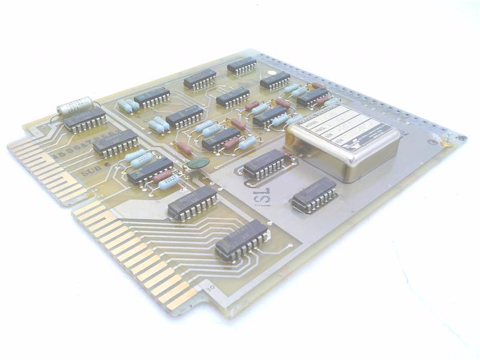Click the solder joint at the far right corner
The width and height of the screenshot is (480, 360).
(446, 142)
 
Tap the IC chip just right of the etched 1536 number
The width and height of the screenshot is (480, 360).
(115, 143)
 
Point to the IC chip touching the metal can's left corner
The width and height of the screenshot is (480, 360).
(270, 116)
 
